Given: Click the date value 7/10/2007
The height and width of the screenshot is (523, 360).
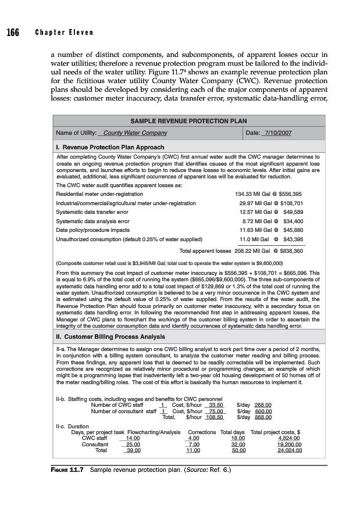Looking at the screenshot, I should (277, 133).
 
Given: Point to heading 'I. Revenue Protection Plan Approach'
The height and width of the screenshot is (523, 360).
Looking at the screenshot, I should (110, 147).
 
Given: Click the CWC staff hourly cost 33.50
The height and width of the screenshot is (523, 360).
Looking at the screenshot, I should (216, 404).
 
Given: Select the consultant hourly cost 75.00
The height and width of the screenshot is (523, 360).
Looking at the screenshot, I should (216, 411).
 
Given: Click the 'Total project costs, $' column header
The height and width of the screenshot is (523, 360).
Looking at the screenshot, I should (275, 432).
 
